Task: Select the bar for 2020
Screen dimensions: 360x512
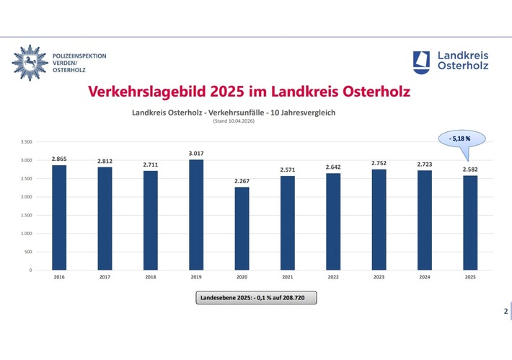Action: pos(242,229)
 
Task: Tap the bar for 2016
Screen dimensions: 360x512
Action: pos(59,218)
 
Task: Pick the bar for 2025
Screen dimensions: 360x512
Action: pos(470,223)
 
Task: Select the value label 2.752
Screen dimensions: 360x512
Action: pos(379,163)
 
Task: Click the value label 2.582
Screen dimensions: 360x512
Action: pos(470,169)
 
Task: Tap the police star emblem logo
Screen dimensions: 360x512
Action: pos(29,61)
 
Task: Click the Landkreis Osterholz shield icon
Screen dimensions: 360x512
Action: pos(422,61)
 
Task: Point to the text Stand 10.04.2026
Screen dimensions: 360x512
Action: pos(234,120)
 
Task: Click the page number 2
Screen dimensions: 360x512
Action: pos(505,311)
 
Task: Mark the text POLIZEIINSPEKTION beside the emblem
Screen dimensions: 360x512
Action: pos(80,55)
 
